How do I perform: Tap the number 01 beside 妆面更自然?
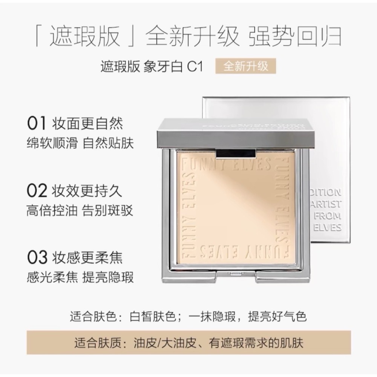click(36, 123)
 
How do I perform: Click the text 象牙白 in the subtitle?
click(163, 67)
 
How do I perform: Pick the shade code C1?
click(195, 67)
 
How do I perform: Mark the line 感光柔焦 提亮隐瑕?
click(80, 278)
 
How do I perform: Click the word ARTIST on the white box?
click(328, 204)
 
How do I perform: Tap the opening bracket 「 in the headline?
click(41, 37)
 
